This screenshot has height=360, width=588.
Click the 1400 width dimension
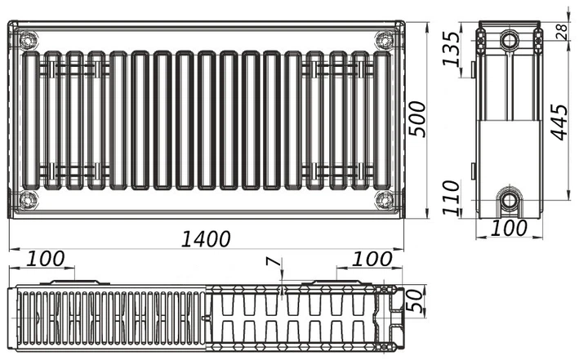point(206,239)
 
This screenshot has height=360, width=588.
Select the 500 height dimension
point(417,119)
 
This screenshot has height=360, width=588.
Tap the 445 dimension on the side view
point(559,122)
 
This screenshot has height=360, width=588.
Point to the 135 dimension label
point(451,49)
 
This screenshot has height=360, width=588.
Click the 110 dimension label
point(451,198)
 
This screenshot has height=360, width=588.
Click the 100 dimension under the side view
point(509,228)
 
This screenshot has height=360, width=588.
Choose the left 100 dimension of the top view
point(46,259)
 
